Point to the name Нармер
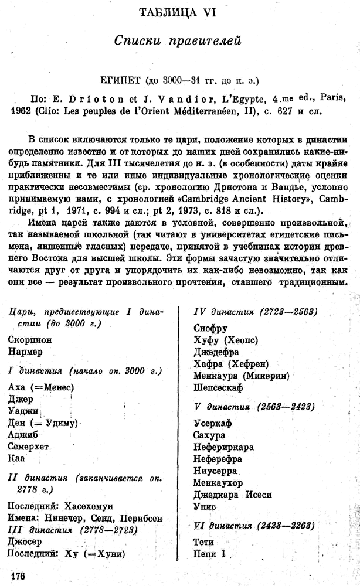(x=26, y=352)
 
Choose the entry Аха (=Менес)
(x=42, y=387)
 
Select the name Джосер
(x=26, y=541)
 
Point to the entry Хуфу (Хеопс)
(x=226, y=340)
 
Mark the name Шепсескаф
(x=218, y=387)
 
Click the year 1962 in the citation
(x=22, y=108)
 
